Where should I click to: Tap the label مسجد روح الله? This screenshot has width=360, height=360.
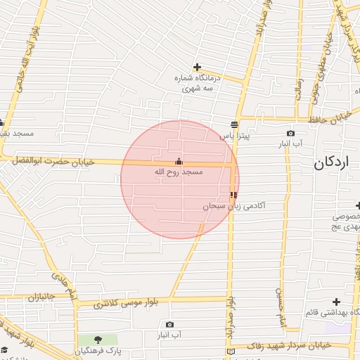pyautogui.click(x=178, y=172)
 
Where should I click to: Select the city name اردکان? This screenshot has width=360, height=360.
pyautogui.click(x=330, y=162)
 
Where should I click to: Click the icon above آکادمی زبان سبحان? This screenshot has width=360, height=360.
pyautogui.click(x=233, y=195)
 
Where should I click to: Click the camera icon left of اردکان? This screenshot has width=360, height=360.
pyautogui.click(x=290, y=133)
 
